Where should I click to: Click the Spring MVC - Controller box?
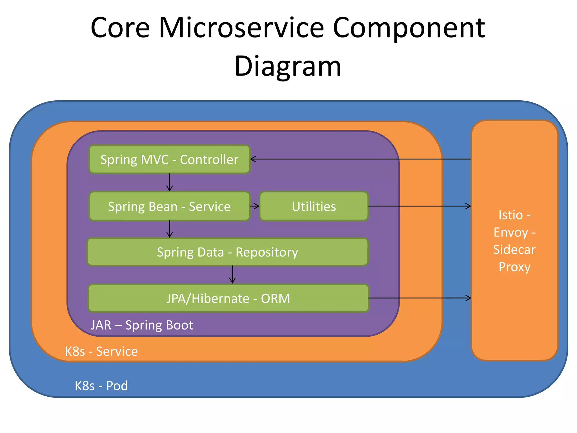169,159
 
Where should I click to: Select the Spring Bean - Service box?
169,206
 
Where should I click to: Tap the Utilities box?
314,206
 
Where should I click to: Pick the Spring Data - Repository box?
227,252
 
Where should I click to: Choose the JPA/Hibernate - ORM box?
228,298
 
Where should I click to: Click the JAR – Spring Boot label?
142,325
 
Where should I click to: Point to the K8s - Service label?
101,351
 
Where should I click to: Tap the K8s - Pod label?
101,386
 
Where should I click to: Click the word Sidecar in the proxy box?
514,249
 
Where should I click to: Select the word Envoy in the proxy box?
511,233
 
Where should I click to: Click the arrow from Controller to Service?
169,182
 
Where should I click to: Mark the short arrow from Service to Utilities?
255,206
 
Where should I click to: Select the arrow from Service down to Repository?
169,229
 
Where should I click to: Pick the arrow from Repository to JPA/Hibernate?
232,275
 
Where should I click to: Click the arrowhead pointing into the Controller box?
253,159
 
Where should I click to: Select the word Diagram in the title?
288,66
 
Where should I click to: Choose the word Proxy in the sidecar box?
514,267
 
